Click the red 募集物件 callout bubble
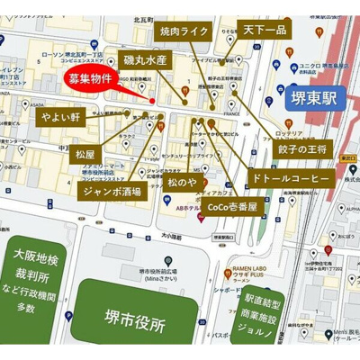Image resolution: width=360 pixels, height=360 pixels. point(91,79)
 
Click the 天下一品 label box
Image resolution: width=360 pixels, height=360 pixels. point(265,31)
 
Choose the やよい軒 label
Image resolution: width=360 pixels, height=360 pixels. point(59,117)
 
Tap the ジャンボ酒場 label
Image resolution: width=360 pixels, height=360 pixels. point(112,192)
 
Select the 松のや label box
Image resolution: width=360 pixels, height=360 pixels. point(181,183)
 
